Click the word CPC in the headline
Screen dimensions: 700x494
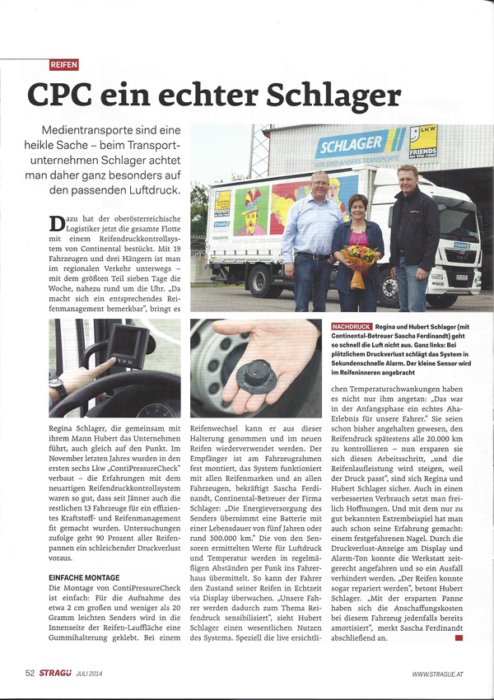point(65,93)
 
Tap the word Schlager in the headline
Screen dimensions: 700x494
point(324,94)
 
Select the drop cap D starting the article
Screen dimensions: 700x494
point(56,223)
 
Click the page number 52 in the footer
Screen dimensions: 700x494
point(30,673)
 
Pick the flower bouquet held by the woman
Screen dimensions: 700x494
point(361,258)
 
